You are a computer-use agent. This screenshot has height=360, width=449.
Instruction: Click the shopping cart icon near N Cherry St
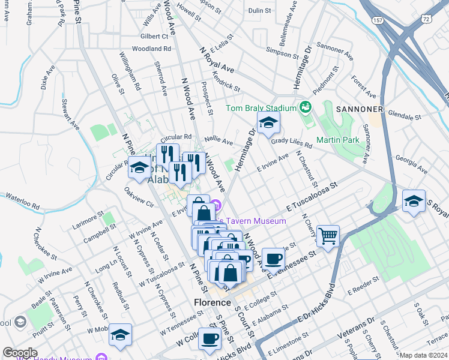pyautogui.click(x=328, y=235)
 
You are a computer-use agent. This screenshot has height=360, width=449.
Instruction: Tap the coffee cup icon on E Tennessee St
pyautogui.click(x=273, y=258)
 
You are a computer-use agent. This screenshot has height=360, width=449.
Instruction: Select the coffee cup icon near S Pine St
pyautogui.click(x=209, y=337)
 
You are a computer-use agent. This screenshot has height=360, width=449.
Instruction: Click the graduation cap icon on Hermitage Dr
pyautogui.click(x=268, y=123)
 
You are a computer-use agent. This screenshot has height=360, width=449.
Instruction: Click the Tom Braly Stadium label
pyautogui.click(x=261, y=108)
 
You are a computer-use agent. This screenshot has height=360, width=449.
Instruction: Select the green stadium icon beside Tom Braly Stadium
pyautogui.click(x=306, y=107)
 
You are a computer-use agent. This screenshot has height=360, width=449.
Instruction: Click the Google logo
pyautogui.click(x=20, y=353)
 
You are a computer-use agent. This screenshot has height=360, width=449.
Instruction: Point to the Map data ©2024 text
pyautogui.click(x=423, y=355)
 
